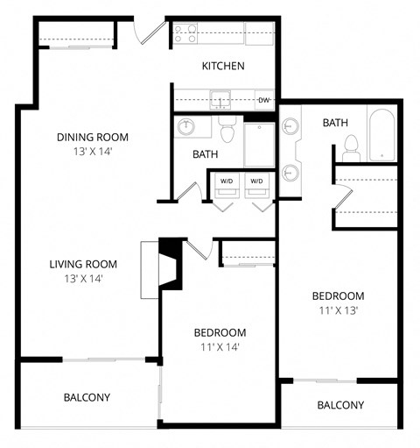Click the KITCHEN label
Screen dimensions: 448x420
click(x=223, y=67)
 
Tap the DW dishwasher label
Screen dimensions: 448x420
click(x=263, y=100)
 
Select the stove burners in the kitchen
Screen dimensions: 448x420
click(x=185, y=33)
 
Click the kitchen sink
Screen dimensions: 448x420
click(x=219, y=99)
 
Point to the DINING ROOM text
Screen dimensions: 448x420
click(x=93, y=137)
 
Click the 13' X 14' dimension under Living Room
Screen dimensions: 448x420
click(x=84, y=279)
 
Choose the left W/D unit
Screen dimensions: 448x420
click(x=227, y=182)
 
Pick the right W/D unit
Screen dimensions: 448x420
click(x=256, y=182)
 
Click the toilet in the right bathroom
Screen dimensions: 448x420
click(x=352, y=146)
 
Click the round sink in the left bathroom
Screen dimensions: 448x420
click(x=185, y=128)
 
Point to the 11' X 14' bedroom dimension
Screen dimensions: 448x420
click(x=220, y=347)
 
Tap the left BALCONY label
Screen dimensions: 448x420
click(x=87, y=397)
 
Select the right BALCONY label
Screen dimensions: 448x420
click(x=340, y=405)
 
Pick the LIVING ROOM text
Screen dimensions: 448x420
click(x=83, y=264)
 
